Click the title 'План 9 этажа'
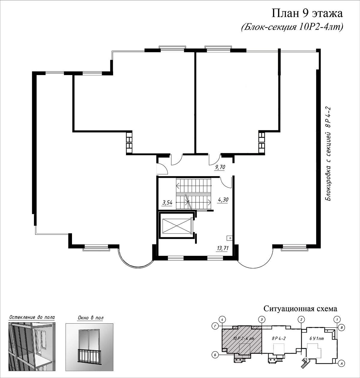coord(307,14)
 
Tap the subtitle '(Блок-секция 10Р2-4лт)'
coord(292,28)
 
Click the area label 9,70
coord(220,167)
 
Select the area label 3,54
coord(167,203)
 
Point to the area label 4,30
coord(223,200)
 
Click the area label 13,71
coord(223,248)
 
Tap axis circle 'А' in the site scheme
coord(341,364)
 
